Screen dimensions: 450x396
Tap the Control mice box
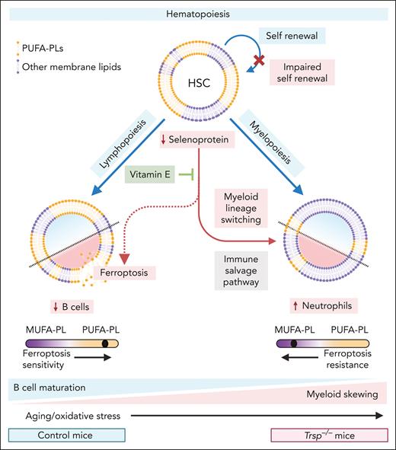coord(51,436)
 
